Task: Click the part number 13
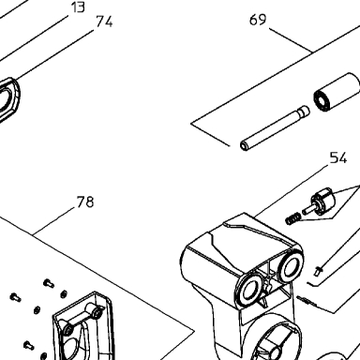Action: pyautogui.click(x=78, y=7)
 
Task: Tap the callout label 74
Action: pyautogui.click(x=104, y=22)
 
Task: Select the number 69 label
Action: pyautogui.click(x=258, y=20)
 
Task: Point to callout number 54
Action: pyautogui.click(x=338, y=158)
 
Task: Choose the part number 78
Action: pyautogui.click(x=85, y=202)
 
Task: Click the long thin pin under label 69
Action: pyautogui.click(x=275, y=128)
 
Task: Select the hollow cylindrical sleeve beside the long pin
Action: pyautogui.click(x=337, y=93)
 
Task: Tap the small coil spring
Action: pyautogui.click(x=292, y=218)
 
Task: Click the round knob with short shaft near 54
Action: pyautogui.click(x=320, y=203)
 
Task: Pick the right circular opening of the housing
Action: pyautogui.click(x=291, y=266)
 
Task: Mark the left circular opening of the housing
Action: pyautogui.click(x=249, y=290)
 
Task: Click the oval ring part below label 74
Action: pyautogui.click(x=8, y=99)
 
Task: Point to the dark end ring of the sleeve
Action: pyautogui.click(x=322, y=100)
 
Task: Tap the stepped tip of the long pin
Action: pyautogui.click(x=303, y=111)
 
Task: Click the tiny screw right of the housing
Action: pyautogui.click(x=319, y=270)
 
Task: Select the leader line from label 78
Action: pyautogui.click(x=54, y=220)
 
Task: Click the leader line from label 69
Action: pyautogui.click(x=291, y=40)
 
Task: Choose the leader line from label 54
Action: pyautogui.click(x=292, y=190)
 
